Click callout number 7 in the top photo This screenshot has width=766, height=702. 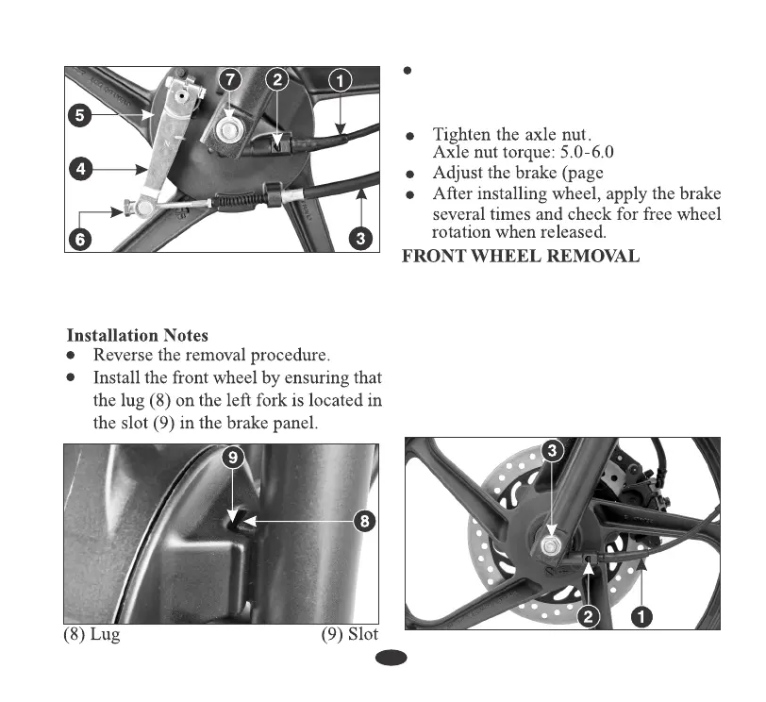[230, 81]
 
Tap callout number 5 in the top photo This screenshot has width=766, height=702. [81, 117]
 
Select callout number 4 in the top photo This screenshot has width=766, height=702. [81, 170]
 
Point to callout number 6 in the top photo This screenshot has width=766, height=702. [81, 240]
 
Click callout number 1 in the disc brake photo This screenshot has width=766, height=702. [643, 617]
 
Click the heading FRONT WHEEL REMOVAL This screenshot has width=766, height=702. [521, 256]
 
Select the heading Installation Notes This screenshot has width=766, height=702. [137, 335]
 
